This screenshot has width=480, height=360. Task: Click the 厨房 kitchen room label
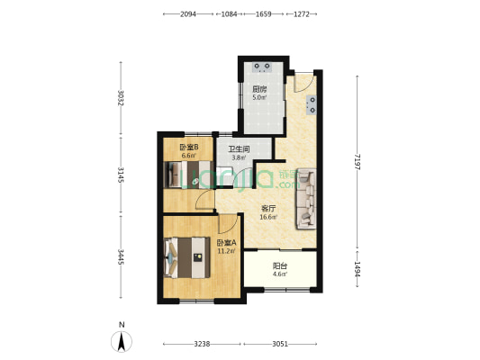[259, 89]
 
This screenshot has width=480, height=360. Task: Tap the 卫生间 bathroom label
[239, 149]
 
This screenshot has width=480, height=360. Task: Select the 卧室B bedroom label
[189, 148]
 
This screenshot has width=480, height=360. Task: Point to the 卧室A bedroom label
[227, 243]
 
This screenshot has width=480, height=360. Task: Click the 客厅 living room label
[268, 209]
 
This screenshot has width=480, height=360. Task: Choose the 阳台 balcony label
[280, 265]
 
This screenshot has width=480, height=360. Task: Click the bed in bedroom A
[187, 257]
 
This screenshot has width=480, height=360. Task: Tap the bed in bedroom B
[189, 175]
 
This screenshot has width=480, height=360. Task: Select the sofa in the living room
[306, 199]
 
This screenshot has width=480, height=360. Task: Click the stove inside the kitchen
[262, 67]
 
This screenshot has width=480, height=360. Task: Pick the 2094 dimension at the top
[188, 14]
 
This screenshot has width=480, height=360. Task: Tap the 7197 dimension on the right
[358, 162]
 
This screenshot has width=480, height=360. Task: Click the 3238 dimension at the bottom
[202, 344]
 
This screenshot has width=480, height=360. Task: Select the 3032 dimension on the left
[121, 98]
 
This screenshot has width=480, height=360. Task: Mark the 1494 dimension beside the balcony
[358, 269]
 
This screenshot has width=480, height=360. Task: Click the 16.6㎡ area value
[268, 217]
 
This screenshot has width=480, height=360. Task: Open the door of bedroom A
[228, 225]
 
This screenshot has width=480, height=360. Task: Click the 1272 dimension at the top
[302, 14]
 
